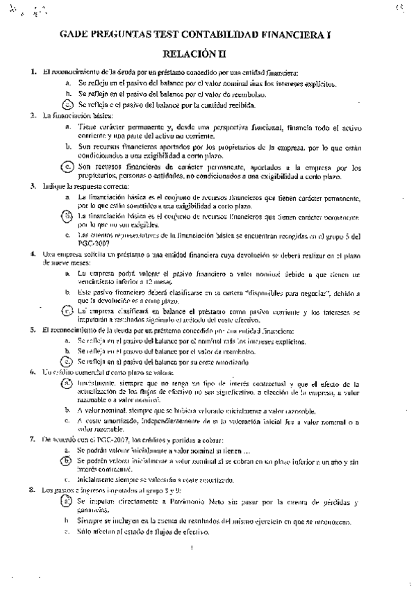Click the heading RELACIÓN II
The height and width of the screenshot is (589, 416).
[x=207, y=53]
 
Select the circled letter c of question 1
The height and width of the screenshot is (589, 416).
[x=68, y=105]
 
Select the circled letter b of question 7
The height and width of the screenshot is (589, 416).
[x=68, y=460]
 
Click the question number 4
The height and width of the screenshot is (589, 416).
[x=33, y=254]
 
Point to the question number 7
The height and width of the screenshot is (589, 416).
[x=33, y=440]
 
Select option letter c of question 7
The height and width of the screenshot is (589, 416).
[x=67, y=480]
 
